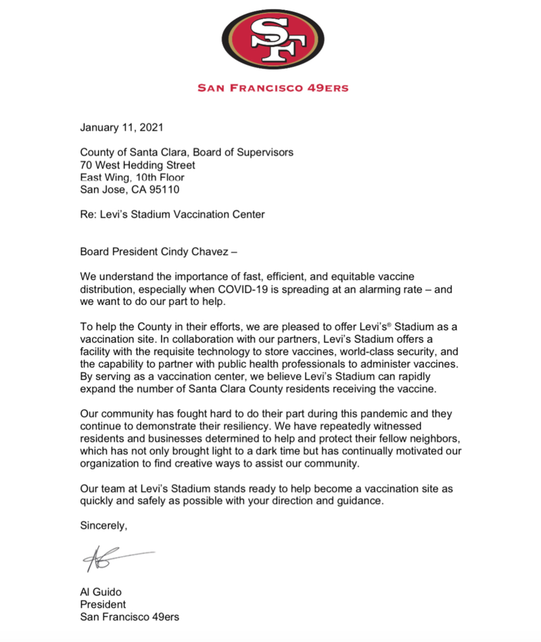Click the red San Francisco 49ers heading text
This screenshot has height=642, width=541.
273,87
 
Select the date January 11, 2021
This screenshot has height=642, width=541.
121,127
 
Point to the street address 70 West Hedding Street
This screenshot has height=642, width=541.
137,165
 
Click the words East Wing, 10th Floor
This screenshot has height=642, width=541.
131,177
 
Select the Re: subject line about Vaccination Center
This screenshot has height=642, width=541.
172,215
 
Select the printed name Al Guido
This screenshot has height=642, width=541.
103,593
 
